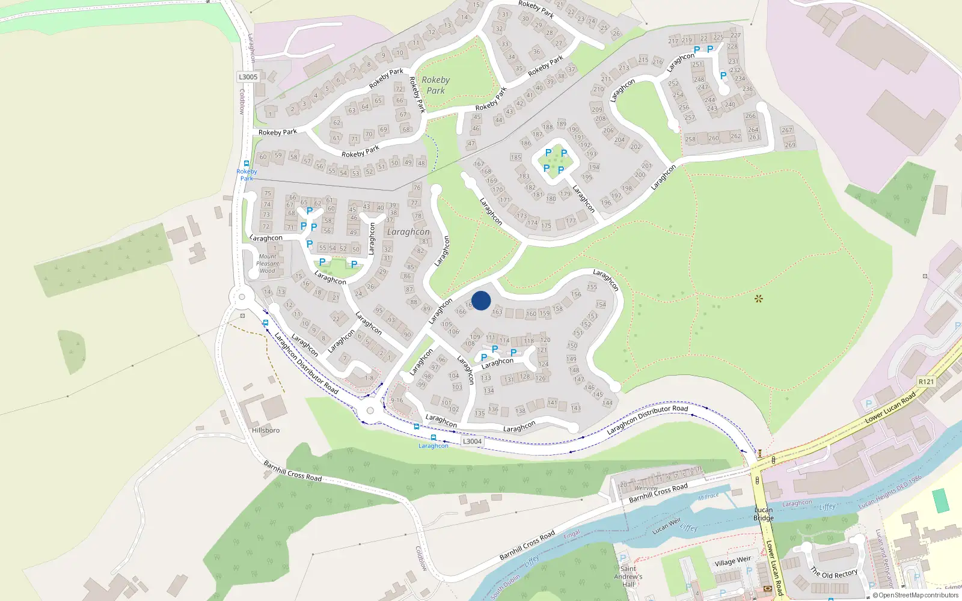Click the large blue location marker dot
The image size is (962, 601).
481,300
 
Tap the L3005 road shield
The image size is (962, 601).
248,77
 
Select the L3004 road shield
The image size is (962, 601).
472,441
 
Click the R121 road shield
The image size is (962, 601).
926,382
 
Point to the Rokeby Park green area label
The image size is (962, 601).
435,85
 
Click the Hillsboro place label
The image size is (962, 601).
266,430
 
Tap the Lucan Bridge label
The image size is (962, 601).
764,514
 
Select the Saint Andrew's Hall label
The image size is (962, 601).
628,576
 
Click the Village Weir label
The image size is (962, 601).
733,561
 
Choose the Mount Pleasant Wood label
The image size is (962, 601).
268,263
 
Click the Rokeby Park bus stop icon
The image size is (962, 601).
247,163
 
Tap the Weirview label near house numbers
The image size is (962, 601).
646,488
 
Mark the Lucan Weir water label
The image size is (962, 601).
667,526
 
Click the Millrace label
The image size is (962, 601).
708,496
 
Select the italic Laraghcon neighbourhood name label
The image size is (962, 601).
408,232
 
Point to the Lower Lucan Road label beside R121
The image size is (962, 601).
890,407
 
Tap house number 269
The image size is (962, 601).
790,145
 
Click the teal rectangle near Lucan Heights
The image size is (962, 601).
941,501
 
